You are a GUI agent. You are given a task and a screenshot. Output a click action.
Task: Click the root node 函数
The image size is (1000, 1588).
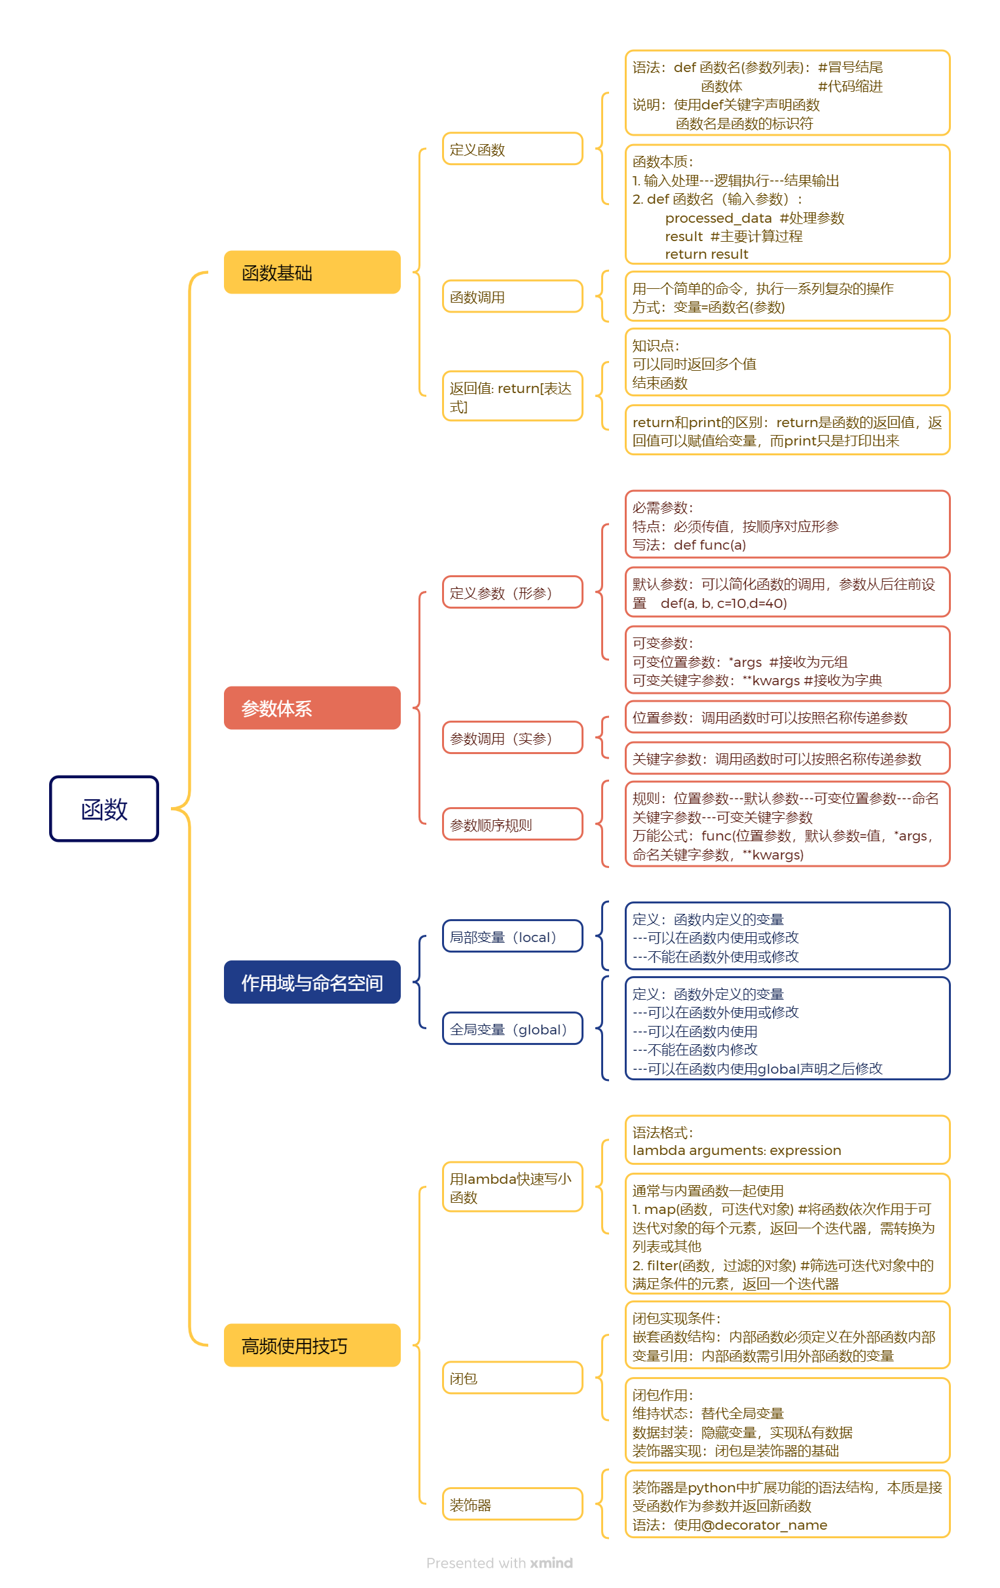(x=104, y=808)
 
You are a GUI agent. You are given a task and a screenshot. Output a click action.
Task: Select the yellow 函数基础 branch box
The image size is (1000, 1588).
(x=312, y=273)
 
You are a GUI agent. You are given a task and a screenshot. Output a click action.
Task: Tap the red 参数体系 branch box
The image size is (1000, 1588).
(x=312, y=708)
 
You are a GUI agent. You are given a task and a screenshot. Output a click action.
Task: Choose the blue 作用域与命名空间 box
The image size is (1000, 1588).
(x=312, y=982)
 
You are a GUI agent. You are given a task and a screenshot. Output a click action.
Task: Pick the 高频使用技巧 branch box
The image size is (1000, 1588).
(x=312, y=1346)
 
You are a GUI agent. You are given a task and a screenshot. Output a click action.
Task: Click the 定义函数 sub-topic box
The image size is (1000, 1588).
(x=512, y=149)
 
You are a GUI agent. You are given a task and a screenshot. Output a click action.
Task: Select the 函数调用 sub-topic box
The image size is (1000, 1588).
(x=512, y=297)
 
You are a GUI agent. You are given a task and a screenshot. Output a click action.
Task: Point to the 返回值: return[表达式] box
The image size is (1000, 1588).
(x=512, y=396)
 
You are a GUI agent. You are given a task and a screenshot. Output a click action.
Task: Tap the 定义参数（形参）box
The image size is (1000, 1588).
(x=512, y=592)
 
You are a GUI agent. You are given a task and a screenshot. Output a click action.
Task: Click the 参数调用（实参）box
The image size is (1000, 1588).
(x=512, y=738)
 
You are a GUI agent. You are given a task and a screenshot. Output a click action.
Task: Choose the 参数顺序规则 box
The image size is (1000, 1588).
(x=512, y=824)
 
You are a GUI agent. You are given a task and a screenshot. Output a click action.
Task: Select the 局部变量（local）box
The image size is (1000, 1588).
(x=512, y=936)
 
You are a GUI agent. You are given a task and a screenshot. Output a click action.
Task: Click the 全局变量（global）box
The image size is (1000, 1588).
(x=512, y=1029)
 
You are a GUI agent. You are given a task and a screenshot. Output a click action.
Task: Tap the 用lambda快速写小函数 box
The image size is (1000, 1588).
(x=512, y=1187)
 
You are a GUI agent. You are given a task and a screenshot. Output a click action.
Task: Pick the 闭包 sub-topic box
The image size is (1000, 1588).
(x=512, y=1378)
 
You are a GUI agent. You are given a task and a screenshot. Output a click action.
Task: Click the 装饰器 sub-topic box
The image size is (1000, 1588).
(x=512, y=1504)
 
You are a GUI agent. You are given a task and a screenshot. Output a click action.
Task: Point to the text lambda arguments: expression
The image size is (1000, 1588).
(x=736, y=1150)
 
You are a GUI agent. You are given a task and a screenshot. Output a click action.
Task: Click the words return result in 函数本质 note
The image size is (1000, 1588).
(x=706, y=254)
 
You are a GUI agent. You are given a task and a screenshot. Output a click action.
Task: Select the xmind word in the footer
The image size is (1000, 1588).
(x=551, y=1563)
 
